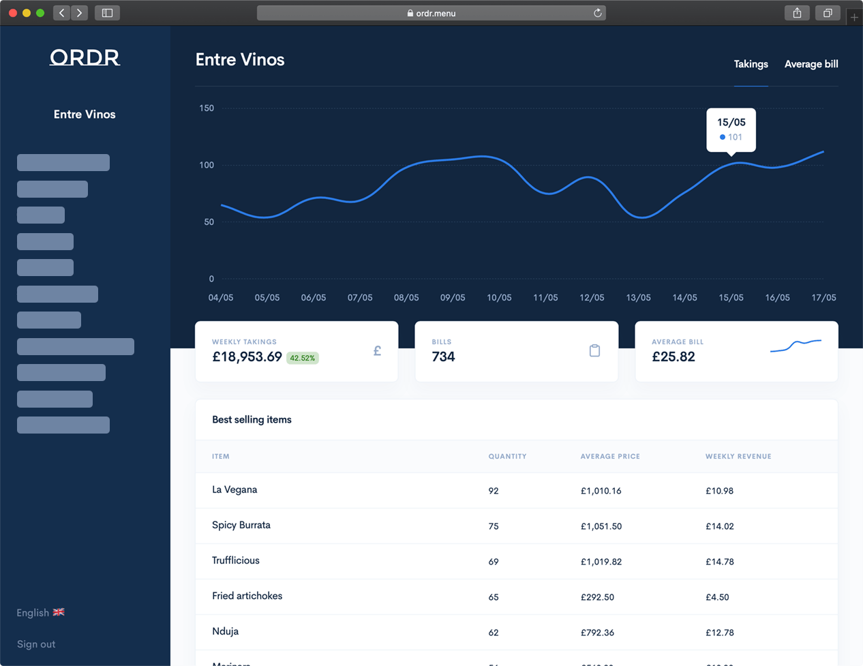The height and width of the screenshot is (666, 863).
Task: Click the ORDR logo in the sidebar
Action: coord(85,58)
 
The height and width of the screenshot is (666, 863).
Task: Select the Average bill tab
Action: coord(811,64)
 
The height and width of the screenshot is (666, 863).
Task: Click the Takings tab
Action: coord(751,64)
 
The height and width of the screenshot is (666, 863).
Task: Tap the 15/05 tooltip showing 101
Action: coord(731,130)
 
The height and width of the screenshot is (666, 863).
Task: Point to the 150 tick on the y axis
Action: coord(207,108)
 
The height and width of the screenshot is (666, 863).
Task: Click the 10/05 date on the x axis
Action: coord(499,298)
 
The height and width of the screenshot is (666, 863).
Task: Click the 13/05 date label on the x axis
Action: coord(638,298)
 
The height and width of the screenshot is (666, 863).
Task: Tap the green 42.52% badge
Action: coord(303,358)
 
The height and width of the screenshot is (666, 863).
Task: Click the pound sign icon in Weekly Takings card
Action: coord(377,351)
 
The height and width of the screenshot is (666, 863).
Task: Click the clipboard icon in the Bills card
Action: coord(594,350)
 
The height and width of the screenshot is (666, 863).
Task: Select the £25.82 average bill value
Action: coord(673,357)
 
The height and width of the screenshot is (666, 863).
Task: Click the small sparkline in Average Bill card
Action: coord(796,346)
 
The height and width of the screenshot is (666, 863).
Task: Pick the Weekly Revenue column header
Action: coord(738,457)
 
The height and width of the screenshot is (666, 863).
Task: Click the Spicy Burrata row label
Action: coord(241,526)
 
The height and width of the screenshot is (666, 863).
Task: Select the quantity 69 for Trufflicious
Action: coord(494,562)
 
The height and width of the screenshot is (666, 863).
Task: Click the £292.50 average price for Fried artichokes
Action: coord(597,597)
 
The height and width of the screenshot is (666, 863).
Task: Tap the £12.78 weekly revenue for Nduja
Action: coord(719,633)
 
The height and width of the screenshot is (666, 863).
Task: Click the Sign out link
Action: coord(36,644)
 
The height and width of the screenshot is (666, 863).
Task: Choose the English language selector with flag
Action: coord(40,613)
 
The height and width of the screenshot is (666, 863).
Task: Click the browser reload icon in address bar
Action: coord(598,13)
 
